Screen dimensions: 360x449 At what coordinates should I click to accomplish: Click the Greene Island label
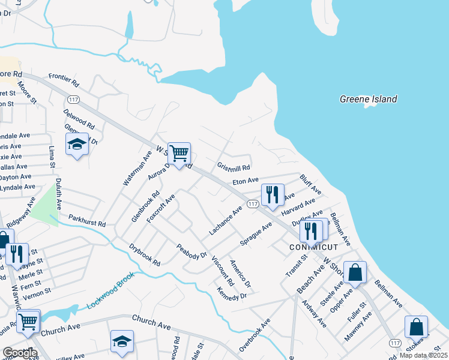click(369, 99)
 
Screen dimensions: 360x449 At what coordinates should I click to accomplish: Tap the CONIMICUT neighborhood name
click(314, 247)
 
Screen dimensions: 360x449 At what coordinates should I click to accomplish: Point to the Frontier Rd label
click(64, 79)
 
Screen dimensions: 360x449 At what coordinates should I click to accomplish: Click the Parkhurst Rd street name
click(86, 220)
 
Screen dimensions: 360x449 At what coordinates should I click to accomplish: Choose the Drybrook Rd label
click(145, 254)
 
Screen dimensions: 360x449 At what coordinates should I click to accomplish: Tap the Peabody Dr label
click(191, 251)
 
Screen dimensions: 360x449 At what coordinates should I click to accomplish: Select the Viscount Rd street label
click(222, 271)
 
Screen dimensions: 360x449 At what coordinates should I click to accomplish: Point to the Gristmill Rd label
click(234, 166)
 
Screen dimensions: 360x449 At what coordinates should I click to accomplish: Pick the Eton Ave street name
click(245, 180)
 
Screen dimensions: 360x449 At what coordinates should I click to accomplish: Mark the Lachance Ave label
click(225, 220)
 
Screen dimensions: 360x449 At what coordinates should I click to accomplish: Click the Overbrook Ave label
click(254, 334)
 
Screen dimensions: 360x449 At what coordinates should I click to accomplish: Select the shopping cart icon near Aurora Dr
click(179, 154)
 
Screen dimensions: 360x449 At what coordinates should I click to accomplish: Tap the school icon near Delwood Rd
click(77, 145)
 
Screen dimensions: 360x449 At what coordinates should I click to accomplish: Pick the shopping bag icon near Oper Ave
click(355, 272)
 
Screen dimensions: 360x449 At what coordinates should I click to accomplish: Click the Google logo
click(20, 353)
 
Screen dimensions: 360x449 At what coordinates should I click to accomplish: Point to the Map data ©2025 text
click(423, 355)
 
